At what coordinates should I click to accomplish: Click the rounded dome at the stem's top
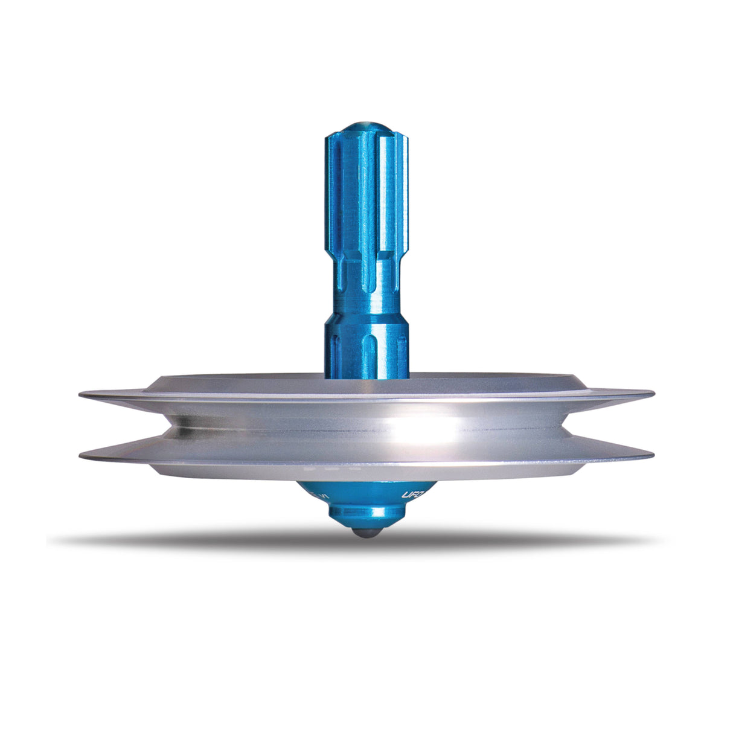[366, 128]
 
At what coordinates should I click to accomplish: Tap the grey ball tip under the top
[367, 534]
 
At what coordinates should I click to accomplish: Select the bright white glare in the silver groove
[423, 430]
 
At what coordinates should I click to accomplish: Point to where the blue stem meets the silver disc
[366, 377]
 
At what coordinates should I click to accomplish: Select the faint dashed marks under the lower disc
[332, 468]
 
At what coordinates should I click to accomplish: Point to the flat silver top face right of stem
[483, 382]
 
